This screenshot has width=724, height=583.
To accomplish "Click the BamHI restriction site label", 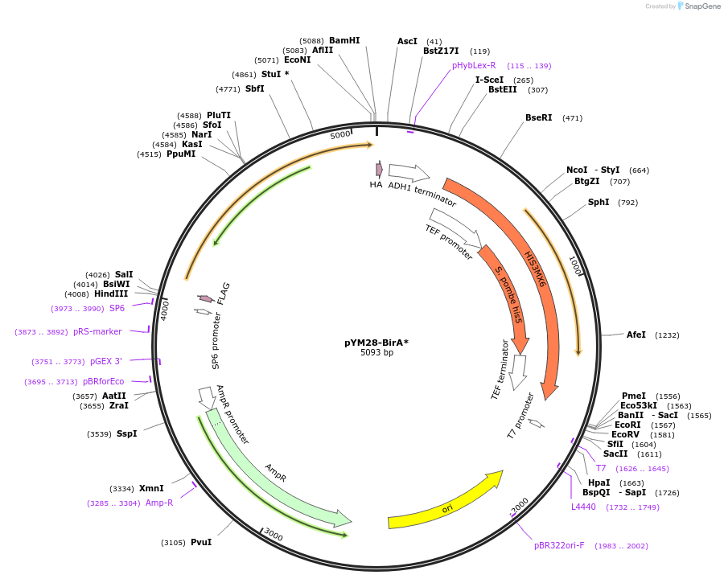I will click(x=344, y=40).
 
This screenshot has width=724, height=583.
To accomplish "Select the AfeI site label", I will click(x=636, y=335).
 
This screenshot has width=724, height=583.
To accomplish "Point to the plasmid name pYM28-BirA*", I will click(x=376, y=343).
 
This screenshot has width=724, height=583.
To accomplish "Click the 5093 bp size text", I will click(x=376, y=353).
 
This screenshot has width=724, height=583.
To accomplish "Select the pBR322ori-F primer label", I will click(x=559, y=545).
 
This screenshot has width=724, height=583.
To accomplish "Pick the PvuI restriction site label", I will click(x=201, y=542).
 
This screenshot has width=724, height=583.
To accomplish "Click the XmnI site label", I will click(x=151, y=488).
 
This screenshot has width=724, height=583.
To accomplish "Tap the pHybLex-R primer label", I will click(x=474, y=65).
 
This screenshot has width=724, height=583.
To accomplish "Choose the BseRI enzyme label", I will click(x=538, y=117).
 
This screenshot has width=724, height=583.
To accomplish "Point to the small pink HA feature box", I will click(x=379, y=169).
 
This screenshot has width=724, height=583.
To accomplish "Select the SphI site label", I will click(x=599, y=202).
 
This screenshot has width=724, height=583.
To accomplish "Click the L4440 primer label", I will click(x=583, y=507).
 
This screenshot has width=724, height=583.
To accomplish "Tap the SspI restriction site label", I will click(x=126, y=433).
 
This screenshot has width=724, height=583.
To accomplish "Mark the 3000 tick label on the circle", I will click(x=274, y=536).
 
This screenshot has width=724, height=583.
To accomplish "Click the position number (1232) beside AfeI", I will click(x=667, y=335).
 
